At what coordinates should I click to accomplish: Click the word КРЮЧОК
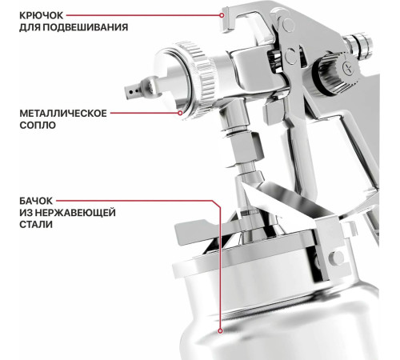point(41,15)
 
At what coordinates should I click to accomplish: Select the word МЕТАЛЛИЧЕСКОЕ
point(63,114)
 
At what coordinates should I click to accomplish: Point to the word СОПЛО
point(38,125)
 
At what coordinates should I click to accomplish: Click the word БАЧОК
point(36,201)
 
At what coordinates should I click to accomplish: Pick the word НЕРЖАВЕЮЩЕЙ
point(75,213)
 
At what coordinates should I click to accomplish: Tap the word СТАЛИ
point(36,224)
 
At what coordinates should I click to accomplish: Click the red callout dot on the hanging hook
point(222,15)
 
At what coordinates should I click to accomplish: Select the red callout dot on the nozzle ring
point(180,113)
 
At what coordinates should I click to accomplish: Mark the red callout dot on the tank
point(220,331)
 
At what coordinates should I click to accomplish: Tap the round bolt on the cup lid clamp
point(337,257)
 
